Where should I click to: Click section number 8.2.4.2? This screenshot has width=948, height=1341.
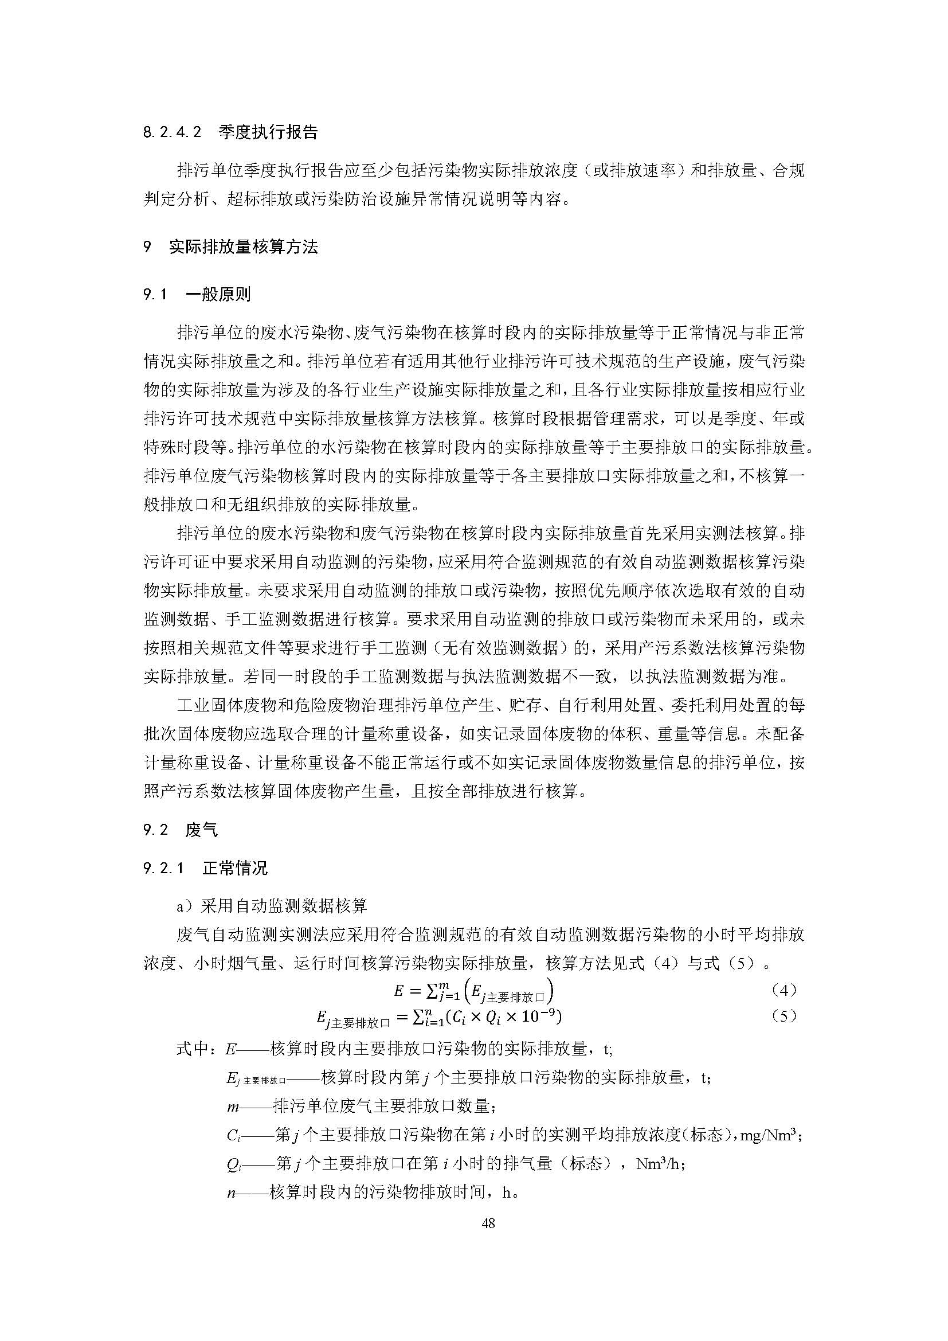(x=172, y=132)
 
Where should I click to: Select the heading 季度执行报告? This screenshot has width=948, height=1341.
(x=268, y=132)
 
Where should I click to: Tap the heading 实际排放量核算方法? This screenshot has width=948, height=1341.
(x=244, y=247)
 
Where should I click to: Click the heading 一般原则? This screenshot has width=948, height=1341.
(x=218, y=294)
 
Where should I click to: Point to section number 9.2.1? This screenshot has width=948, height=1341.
(x=163, y=868)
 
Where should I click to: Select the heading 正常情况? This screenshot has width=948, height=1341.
(x=235, y=868)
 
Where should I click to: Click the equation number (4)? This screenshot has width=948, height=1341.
(x=784, y=990)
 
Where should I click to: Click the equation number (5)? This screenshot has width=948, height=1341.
(x=784, y=1016)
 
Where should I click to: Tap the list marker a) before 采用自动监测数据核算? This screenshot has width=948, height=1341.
(x=185, y=906)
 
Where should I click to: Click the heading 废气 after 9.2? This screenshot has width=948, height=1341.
(x=201, y=830)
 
